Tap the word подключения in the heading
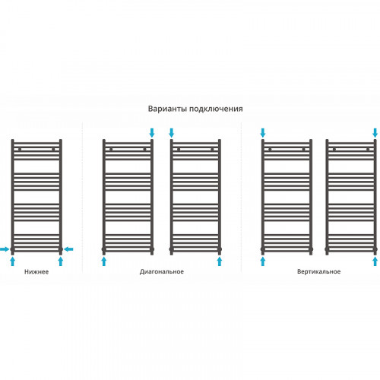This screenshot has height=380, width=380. (216, 109)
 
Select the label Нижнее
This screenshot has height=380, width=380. (36, 272)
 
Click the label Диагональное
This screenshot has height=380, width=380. (162, 272)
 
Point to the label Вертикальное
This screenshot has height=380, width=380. (318, 271)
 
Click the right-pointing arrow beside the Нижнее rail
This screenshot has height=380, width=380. (5, 249)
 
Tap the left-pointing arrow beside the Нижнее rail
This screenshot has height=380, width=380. (68, 249)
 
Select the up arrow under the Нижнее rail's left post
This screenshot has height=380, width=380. (12, 261)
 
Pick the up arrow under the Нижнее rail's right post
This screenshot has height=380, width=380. (61, 261)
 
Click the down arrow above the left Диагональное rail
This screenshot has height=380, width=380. (152, 133)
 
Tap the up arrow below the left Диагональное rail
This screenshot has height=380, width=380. (104, 261)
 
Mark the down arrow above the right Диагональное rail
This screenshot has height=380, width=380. (172, 133)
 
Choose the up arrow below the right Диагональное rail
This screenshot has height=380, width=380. (220, 261)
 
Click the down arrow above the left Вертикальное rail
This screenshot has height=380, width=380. (263, 133)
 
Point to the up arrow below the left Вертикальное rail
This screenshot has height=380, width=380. (263, 261)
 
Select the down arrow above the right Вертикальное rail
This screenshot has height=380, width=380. (375, 133)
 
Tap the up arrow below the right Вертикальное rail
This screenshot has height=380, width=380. (375, 261)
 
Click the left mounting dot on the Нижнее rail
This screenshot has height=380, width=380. (20, 149)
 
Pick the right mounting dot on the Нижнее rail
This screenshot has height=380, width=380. (53, 149)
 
